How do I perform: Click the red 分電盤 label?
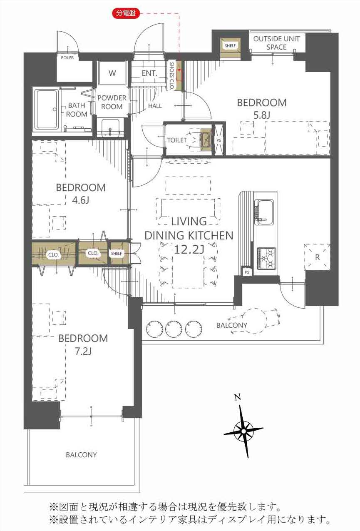point(126,13)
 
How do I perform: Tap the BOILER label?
point(67,57)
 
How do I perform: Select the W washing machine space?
point(112,73)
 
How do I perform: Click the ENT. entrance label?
point(149,73)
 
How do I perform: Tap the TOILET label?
point(177,140)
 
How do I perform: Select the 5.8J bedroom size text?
point(262,115)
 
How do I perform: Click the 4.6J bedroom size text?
point(80,201)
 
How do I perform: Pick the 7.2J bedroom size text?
point(83,351)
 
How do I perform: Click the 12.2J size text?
point(189,249)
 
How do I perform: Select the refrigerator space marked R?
point(317,257)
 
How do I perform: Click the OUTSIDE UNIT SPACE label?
point(276,43)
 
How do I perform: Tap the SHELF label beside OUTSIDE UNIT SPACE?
point(230,45)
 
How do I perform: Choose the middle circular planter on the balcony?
point(174,329)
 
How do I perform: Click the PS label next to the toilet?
point(218,140)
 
